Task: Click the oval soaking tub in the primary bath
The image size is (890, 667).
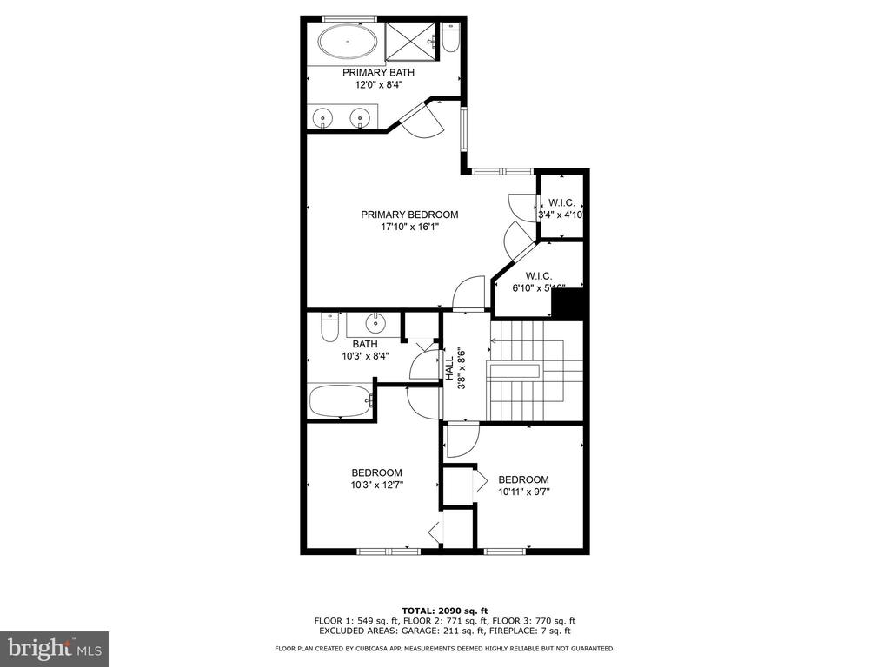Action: (x=347, y=42)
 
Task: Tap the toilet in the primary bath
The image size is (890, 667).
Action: (x=451, y=37)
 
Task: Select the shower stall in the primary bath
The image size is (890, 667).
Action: (x=411, y=42)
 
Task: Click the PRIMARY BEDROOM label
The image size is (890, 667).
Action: (x=409, y=215)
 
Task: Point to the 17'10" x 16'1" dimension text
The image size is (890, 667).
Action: (x=410, y=227)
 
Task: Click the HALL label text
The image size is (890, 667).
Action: (x=449, y=368)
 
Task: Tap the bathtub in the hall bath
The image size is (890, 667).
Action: (x=341, y=401)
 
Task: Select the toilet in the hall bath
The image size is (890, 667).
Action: (x=329, y=327)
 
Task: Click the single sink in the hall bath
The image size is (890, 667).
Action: (x=375, y=323)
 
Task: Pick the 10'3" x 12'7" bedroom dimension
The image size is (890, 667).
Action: (x=377, y=485)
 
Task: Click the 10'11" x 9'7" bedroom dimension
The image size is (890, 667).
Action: (x=524, y=492)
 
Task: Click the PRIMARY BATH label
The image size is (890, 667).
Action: (x=378, y=73)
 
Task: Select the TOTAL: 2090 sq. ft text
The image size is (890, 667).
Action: (x=445, y=611)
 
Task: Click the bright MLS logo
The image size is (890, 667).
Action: (x=55, y=648)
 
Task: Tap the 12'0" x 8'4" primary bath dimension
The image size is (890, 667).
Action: (x=379, y=85)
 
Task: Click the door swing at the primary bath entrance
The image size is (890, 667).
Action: (x=422, y=120)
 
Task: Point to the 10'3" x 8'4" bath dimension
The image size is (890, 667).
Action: (x=365, y=356)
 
